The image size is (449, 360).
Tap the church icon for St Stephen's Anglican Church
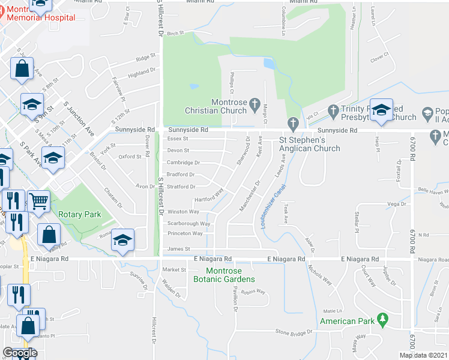[293, 124]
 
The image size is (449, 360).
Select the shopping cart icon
[38, 202]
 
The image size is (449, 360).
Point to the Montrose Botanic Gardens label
[224, 275]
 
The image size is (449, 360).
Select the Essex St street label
[178, 139]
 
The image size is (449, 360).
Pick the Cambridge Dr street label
[183, 163]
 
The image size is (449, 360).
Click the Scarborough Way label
[188, 223]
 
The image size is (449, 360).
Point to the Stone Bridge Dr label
[294, 332]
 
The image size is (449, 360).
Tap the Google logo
[20, 353]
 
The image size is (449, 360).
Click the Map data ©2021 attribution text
[424, 355]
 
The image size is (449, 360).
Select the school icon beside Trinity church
[381, 110]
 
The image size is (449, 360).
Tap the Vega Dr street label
[393, 204]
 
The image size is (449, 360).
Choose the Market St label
[175, 270]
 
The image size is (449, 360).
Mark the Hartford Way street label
[208, 199]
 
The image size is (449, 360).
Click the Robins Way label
[253, 291]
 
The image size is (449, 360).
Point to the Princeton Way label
[185, 233]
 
